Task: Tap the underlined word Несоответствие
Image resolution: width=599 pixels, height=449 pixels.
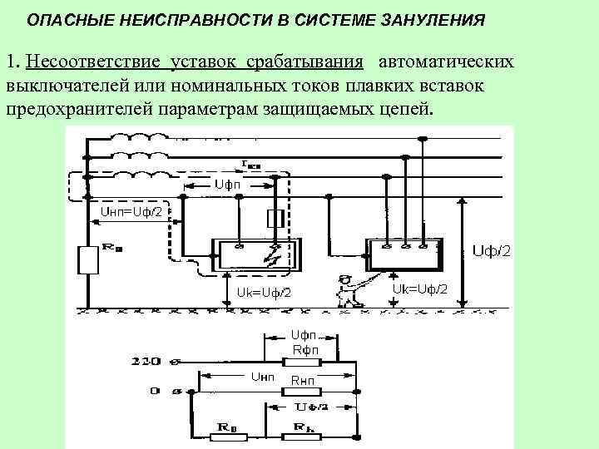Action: tap(93, 62)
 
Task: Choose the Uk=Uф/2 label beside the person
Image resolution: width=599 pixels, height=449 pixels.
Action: tap(419, 289)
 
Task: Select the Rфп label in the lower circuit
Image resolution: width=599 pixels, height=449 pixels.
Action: tap(301, 349)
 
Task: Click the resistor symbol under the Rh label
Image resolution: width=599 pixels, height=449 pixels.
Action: tap(303, 431)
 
